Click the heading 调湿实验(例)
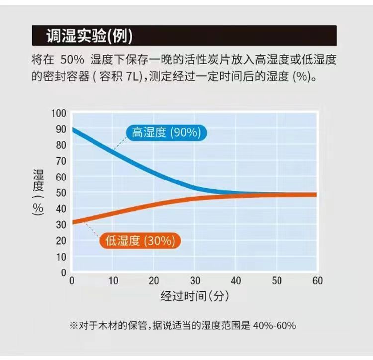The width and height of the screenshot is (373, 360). (89, 36)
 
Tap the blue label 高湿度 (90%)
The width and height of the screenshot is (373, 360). (166, 133)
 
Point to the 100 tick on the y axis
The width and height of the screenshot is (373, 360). (58, 113)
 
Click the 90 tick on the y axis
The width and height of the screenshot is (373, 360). (61, 129)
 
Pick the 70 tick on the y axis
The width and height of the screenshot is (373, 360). (61, 161)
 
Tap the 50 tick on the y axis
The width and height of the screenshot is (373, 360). (61, 192)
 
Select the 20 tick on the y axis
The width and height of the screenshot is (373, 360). (61, 241)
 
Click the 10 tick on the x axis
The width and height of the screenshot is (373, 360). (113, 281)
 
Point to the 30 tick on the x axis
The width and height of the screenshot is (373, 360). (194, 281)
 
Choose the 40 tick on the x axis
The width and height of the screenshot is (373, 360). (236, 281)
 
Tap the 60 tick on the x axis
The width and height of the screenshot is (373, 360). (317, 281)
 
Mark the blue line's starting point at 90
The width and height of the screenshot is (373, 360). (73, 129)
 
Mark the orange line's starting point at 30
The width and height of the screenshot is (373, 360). (73, 222)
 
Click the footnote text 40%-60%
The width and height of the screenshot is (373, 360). (275, 326)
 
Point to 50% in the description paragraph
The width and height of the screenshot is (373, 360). (73, 60)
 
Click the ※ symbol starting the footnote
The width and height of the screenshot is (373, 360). (74, 326)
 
